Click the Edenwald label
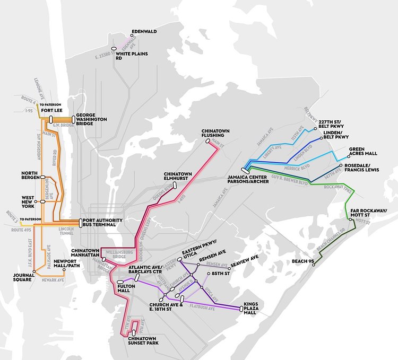pyautogui.click(x=144, y=31)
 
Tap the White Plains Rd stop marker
pyautogui.click(x=114, y=48)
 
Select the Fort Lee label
pyautogui.click(x=55, y=110)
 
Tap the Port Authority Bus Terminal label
pyautogui.click(x=102, y=223)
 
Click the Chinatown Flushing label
pyautogui.click(x=214, y=133)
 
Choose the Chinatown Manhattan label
pyautogui.click(x=86, y=253)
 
